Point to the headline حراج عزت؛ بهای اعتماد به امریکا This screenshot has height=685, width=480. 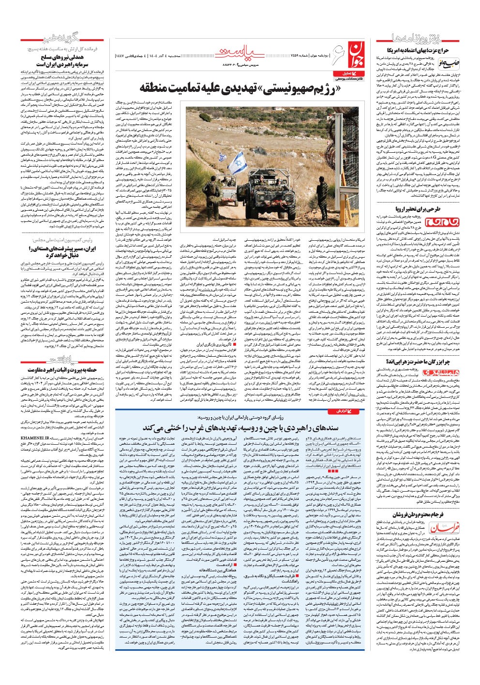tap(419, 50)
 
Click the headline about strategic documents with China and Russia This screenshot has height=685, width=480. tap(239, 428)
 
